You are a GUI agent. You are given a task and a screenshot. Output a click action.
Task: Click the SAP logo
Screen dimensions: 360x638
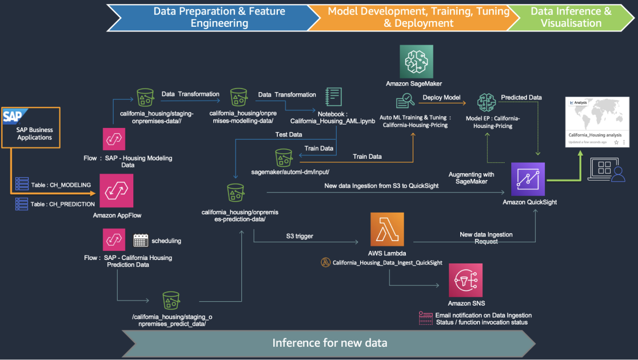click(x=13, y=117)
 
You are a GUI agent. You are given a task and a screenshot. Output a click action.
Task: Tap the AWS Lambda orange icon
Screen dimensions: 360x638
click(x=387, y=229)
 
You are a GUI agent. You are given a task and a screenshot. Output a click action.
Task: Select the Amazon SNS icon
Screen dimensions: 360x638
click(x=465, y=280)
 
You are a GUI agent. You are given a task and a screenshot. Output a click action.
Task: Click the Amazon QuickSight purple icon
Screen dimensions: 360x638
click(x=528, y=179)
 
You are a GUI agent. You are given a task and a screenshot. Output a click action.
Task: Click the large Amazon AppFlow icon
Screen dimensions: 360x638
click(x=117, y=190)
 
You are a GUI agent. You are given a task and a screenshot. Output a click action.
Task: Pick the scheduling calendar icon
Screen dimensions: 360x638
click(x=141, y=241)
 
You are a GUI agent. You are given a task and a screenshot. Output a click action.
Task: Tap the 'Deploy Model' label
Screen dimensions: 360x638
click(x=441, y=98)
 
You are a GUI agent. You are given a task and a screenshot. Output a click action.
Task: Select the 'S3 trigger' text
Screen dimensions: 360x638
click(x=300, y=235)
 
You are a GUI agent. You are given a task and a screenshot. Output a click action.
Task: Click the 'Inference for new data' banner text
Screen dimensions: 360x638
click(x=330, y=343)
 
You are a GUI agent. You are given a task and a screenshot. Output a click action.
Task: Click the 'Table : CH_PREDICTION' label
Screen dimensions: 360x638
click(x=62, y=204)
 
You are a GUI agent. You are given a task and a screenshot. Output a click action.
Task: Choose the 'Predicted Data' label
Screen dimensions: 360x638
click(x=521, y=98)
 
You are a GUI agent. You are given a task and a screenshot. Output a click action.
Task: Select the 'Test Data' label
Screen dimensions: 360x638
click(x=289, y=135)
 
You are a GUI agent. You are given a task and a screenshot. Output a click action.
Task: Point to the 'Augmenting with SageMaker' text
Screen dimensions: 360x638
click(x=472, y=177)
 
